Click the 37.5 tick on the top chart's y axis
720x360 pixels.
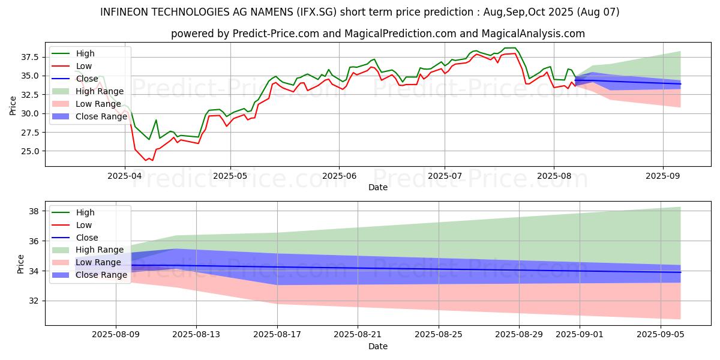tap(30, 57)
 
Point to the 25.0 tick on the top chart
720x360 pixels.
tap(30, 151)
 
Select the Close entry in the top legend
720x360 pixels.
tap(87, 79)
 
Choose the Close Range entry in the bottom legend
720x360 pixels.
tap(101, 275)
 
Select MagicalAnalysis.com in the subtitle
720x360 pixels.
tap(536, 34)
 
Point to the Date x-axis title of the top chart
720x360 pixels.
tap(378, 187)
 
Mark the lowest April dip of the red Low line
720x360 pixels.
tap(146, 161)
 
